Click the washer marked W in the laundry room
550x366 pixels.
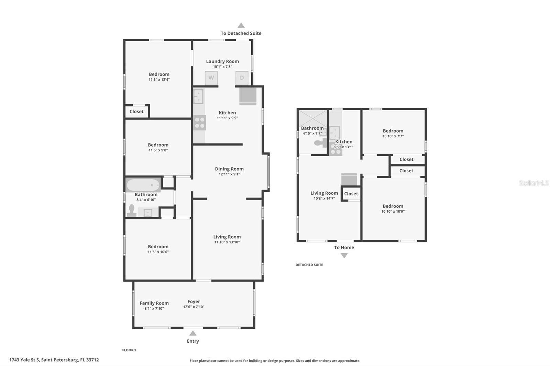[211, 78]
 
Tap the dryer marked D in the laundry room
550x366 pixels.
[242, 78]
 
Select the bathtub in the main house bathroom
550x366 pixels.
[143, 185]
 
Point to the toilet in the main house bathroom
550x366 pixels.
[132, 210]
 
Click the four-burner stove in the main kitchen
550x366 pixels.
[200, 123]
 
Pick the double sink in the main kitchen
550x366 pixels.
[198, 96]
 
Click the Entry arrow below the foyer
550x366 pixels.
[193, 333]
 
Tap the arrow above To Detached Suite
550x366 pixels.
[241, 25]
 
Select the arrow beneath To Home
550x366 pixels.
[344, 255]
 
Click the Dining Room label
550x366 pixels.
[229, 169]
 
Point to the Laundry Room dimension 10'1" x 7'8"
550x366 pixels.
[222, 67]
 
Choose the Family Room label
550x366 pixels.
[154, 303]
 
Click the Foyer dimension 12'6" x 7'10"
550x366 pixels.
[194, 307]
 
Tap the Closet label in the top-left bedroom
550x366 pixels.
[136, 112]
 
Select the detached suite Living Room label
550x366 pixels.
[324, 193]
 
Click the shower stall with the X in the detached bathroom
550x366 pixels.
[312, 119]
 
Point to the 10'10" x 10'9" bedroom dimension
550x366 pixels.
[393, 211]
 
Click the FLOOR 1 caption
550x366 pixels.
[129, 350]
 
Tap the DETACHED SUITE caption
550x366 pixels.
[309, 265]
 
